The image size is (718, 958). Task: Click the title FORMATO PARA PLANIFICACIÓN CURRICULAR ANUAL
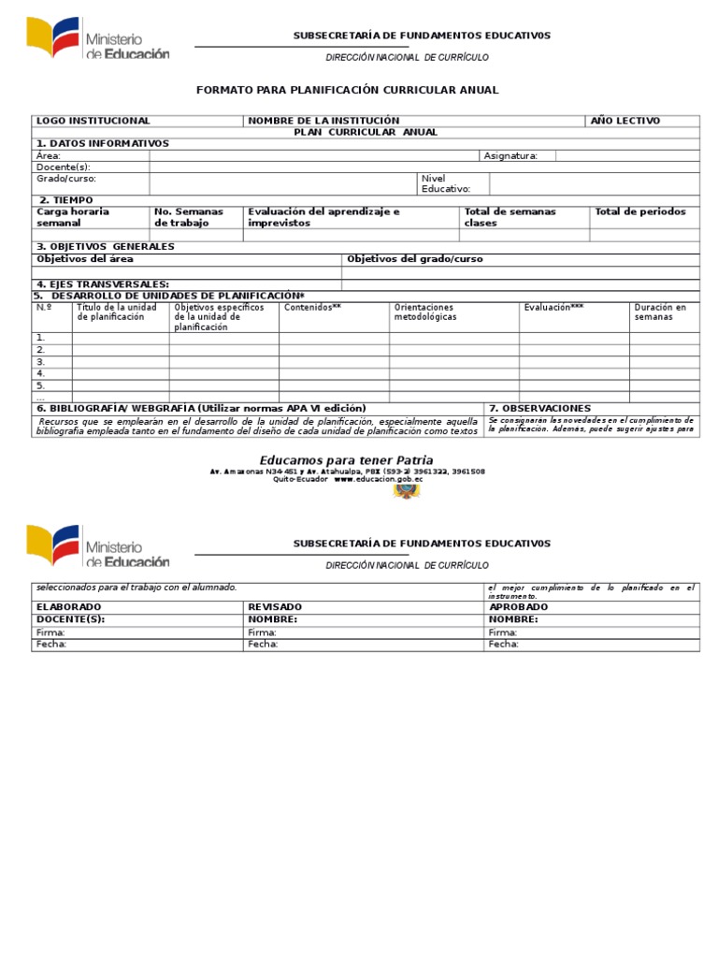click(347, 90)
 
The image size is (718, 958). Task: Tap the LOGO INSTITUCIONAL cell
click(93, 121)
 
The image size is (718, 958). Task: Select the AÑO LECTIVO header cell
click(625, 121)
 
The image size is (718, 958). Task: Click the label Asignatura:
click(510, 156)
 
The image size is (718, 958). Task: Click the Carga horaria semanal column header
click(73, 217)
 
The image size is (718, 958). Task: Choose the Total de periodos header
click(640, 211)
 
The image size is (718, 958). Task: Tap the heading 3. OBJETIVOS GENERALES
click(105, 247)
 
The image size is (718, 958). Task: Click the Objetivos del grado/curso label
click(415, 259)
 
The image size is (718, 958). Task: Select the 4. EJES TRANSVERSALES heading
click(103, 284)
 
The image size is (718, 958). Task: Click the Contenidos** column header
click(312, 307)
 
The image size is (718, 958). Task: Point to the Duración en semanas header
click(660, 312)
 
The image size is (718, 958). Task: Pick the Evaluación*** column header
click(554, 307)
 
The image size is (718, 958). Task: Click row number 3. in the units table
click(41, 361)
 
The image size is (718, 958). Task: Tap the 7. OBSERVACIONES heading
click(539, 409)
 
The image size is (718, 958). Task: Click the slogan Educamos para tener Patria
click(346, 459)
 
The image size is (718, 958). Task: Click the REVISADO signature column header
click(275, 607)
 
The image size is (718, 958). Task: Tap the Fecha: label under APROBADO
click(503, 645)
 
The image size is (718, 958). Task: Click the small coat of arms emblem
click(406, 491)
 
